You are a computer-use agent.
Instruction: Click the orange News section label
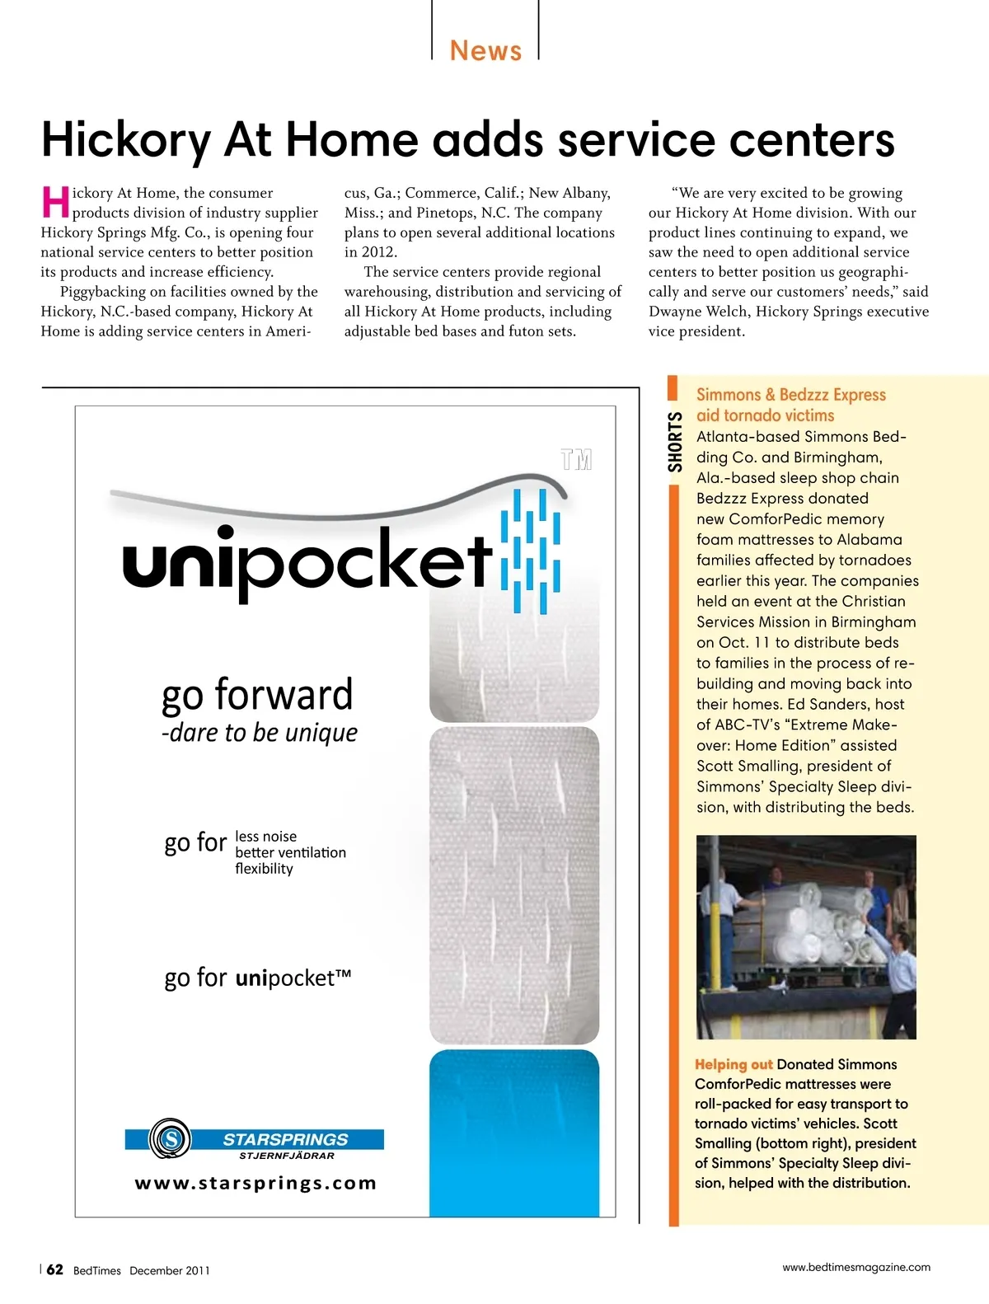485,51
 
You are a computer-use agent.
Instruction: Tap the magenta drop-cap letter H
55,203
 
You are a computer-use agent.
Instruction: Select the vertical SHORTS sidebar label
675,442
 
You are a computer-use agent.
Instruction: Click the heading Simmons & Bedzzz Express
790,395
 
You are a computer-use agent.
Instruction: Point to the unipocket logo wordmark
307,561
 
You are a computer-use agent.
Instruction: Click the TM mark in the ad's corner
576,459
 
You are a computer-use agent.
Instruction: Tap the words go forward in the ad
257,694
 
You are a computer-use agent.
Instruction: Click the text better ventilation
290,852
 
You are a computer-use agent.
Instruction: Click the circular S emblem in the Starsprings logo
170,1139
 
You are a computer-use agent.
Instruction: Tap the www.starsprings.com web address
255,1184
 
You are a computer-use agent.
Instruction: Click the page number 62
54,1269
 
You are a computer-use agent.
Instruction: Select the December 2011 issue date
169,1271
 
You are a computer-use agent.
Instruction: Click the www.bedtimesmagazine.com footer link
855,1267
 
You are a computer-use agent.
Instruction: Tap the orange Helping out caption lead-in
734,1064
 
